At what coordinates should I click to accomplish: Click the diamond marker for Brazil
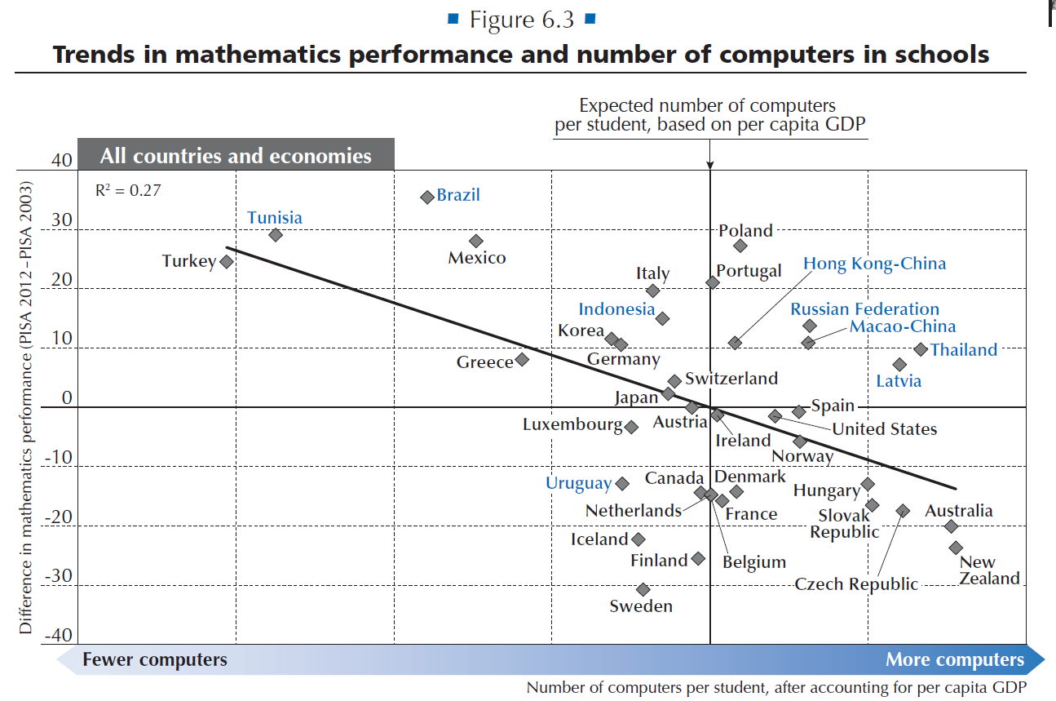point(426,197)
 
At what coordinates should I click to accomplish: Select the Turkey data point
point(227,262)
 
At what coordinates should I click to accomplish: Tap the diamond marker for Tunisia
point(276,235)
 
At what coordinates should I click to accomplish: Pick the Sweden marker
point(643,589)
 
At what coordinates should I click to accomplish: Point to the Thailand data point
point(921,349)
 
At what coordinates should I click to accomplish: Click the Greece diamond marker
point(522,359)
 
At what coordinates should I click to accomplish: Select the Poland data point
point(740,246)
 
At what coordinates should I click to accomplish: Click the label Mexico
point(477,258)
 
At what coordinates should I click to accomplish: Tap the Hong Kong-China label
point(874,264)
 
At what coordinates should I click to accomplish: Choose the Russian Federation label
point(864,309)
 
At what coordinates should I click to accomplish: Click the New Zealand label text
point(989,570)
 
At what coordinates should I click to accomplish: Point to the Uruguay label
point(578,483)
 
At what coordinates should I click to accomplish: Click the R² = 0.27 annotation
point(128,191)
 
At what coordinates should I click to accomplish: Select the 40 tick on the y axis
point(62,161)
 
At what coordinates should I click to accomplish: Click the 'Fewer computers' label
point(154,659)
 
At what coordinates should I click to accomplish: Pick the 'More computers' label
point(954,659)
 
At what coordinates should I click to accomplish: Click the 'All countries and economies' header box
point(236,155)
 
